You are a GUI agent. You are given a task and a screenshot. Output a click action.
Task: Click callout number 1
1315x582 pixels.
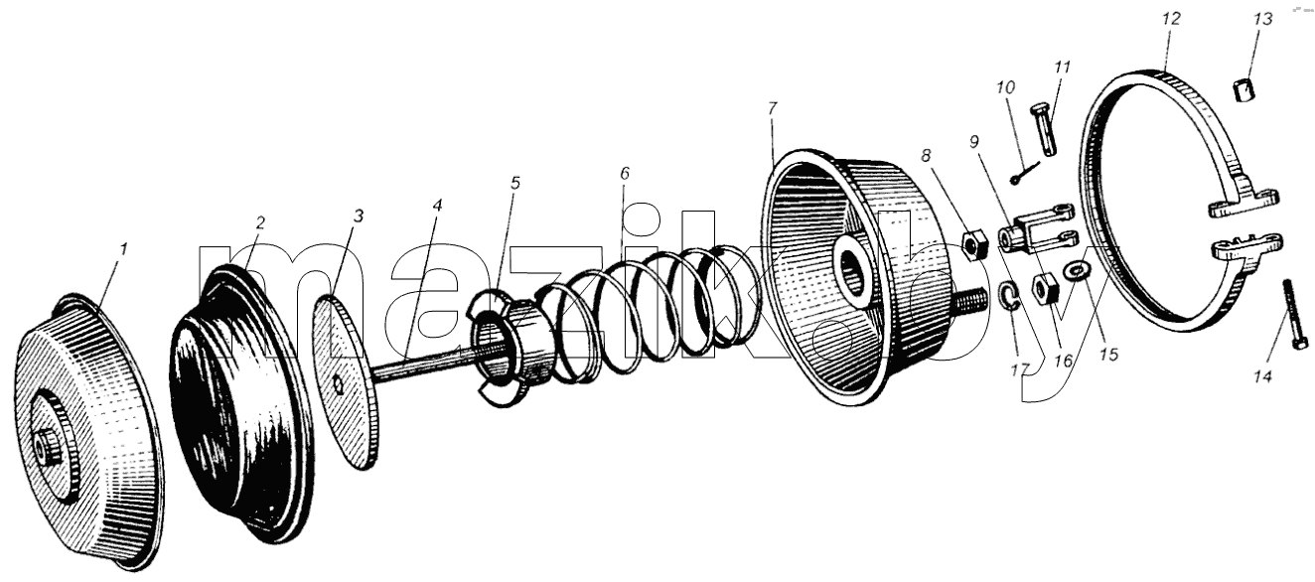[x=123, y=249]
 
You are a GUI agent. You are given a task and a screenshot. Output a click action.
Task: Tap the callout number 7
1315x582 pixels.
[x=772, y=108]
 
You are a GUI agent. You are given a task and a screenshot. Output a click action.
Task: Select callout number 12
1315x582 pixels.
[x=1171, y=18]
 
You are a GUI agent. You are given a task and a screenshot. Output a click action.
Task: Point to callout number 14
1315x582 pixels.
[x=1262, y=376]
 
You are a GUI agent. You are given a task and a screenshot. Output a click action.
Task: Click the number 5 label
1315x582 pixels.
[x=515, y=183]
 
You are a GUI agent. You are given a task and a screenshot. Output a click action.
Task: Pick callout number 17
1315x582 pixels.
[x=1020, y=369]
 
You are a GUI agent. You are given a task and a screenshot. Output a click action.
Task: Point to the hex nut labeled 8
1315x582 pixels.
[x=974, y=245]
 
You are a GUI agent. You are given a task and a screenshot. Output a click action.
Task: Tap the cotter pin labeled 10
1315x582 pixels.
[x=1024, y=173]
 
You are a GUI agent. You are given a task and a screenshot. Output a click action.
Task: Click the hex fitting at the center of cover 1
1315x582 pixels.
[x=43, y=448]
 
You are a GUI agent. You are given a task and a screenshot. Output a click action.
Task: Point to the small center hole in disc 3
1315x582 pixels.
[x=338, y=383]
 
